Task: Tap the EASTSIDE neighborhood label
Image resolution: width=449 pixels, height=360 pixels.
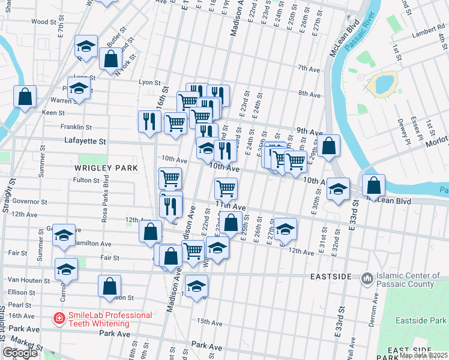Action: click(331, 277)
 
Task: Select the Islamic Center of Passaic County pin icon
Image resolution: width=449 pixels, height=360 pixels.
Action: click(366, 279)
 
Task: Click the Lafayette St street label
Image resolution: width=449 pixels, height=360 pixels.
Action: click(85, 142)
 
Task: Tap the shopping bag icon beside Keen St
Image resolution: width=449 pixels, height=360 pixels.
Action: click(25, 97)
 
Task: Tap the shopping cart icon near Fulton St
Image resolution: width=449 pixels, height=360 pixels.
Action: click(170, 178)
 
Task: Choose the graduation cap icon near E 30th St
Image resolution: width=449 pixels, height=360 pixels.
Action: click(338, 188)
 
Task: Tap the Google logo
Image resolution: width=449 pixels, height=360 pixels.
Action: click(20, 352)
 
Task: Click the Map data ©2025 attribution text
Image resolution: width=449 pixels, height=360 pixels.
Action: click(424, 355)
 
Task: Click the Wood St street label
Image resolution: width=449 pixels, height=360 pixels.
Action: click(43, 22)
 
